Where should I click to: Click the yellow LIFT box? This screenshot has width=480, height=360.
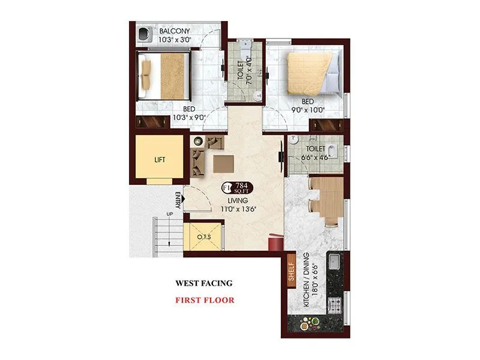click(x=159, y=159)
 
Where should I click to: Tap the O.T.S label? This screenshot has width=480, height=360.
click(x=203, y=238)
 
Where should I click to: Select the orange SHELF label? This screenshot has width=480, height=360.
click(x=292, y=269)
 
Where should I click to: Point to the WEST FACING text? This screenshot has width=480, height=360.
click(x=203, y=283)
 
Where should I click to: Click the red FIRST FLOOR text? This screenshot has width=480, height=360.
click(x=205, y=300)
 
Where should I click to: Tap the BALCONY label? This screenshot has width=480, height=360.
click(x=174, y=31)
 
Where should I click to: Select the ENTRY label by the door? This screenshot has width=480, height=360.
click(x=178, y=200)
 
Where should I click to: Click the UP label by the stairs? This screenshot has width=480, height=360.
click(x=170, y=214)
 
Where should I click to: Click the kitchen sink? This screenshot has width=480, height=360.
click(x=334, y=262)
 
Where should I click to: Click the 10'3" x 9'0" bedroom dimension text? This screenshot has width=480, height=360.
click(x=190, y=118)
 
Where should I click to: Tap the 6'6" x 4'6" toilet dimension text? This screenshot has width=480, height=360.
click(x=316, y=157)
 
